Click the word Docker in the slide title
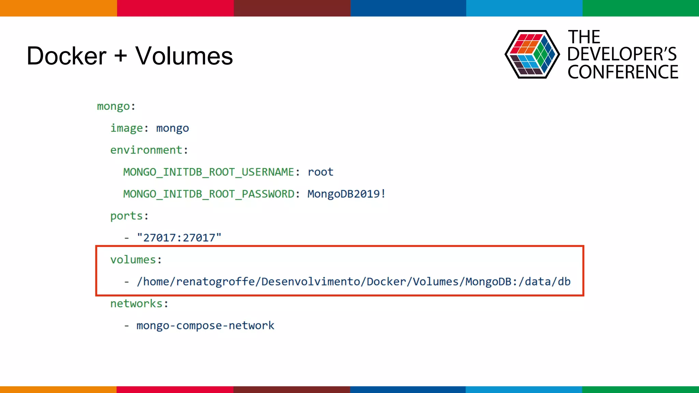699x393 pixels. coord(67,56)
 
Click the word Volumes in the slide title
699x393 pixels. coord(184,56)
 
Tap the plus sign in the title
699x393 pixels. coord(121,55)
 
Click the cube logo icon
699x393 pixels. coord(532,54)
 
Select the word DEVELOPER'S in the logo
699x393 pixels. coord(622,54)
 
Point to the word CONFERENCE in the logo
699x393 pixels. coord(623,72)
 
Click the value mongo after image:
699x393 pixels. coord(172,129)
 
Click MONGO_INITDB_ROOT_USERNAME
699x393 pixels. coord(209,172)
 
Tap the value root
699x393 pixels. coord(320,172)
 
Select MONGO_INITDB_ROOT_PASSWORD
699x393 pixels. coord(209,194)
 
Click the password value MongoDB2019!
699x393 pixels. coord(346,194)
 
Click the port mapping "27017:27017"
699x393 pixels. coord(179,238)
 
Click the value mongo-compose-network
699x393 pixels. coord(205,325)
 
